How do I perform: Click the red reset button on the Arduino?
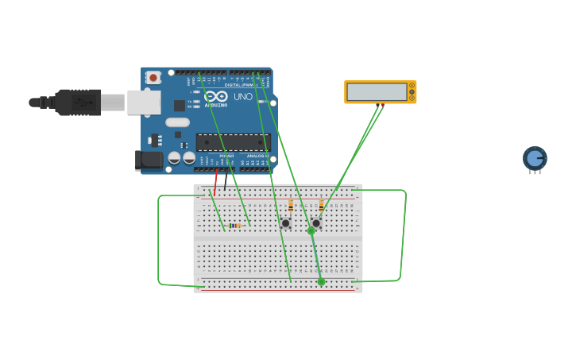pos(153,77)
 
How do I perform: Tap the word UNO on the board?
pos(243,97)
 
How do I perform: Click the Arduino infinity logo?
pos(215,95)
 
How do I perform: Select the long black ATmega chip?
pos(233,142)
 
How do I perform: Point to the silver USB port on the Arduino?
pos(144,103)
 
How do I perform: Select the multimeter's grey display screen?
pos(377,92)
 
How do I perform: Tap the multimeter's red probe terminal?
pos(382,105)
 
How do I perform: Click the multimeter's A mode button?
pos(412,85)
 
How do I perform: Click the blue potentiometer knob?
pos(535,157)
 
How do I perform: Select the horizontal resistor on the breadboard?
pos(235,226)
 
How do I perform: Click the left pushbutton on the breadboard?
pos(285,223)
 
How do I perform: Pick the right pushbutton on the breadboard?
pos(315,223)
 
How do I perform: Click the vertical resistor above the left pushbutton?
pos(291,205)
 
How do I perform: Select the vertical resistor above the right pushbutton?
pos(321,205)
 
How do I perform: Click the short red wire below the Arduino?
pos(215,182)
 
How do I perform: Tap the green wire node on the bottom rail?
pos(321,281)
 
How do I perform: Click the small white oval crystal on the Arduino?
pos(178,122)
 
